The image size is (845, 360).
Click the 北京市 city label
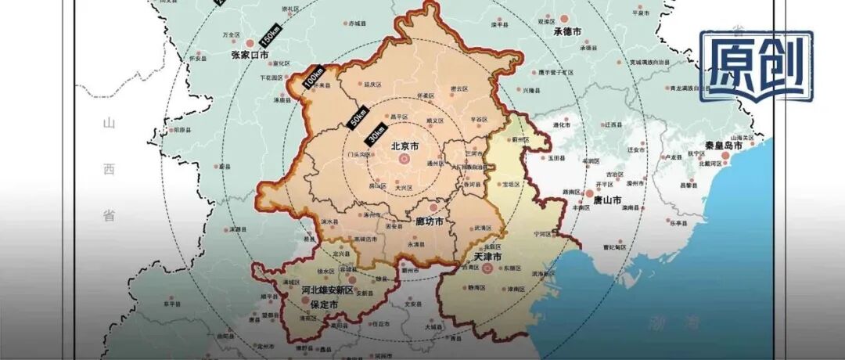click(x=405, y=146)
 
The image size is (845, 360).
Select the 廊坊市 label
click(x=429, y=221)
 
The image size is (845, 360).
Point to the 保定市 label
click(x=324, y=304)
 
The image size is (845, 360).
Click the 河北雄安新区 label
click(x=328, y=290)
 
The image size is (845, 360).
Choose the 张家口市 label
click(x=250, y=56)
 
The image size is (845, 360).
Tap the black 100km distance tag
click(x=315, y=77)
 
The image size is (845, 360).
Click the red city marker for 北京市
click(x=405, y=159)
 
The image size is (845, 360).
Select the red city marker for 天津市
click(x=487, y=268)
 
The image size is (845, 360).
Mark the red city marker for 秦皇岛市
click(x=727, y=157)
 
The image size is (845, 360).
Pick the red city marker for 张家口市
click(x=250, y=43)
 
